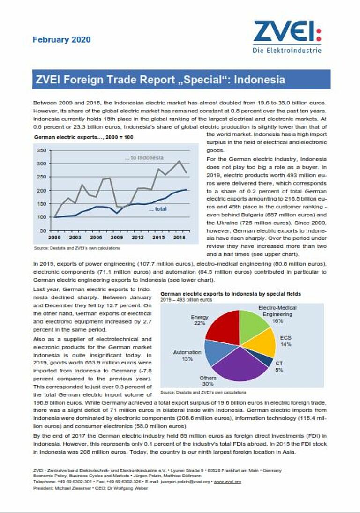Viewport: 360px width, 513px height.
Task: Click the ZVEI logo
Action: tap(287, 37)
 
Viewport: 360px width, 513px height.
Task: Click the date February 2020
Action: tap(61, 40)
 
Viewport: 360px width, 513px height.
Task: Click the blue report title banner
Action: tap(181, 79)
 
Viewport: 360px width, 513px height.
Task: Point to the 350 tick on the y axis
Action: tap(42, 150)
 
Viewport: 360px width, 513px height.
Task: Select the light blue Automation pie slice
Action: tap(216, 351)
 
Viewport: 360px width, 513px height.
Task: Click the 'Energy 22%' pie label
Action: tap(199, 320)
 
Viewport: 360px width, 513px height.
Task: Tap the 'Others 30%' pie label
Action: tap(208, 381)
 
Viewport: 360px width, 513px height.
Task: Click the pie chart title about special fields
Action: tap(231, 294)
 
